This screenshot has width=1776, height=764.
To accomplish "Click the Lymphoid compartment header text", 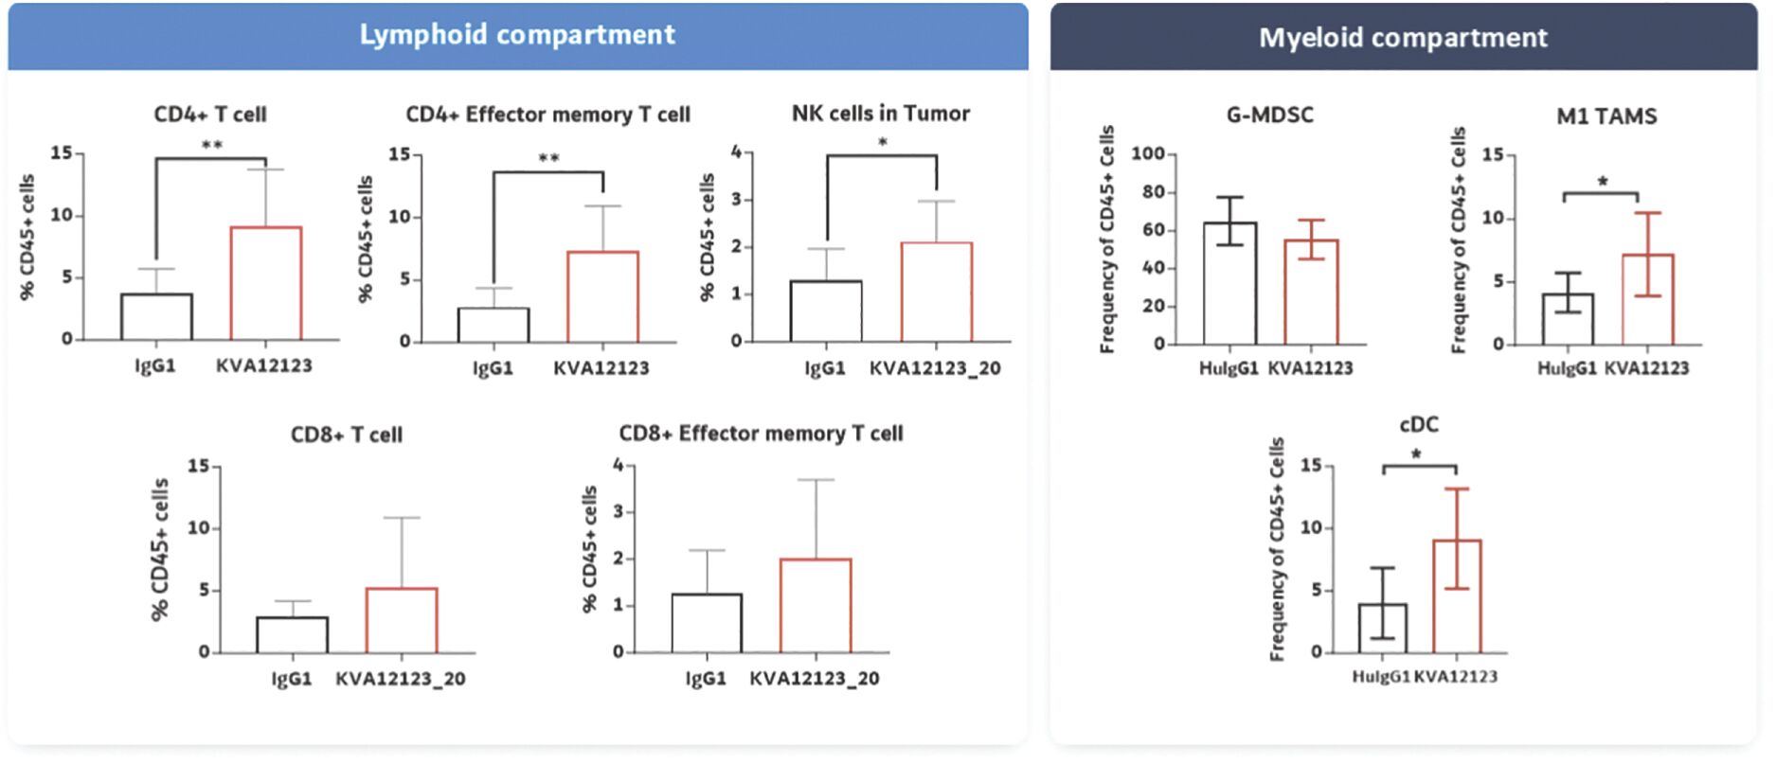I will point(517,35).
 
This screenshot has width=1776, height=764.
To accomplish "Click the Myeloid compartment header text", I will point(1403,38).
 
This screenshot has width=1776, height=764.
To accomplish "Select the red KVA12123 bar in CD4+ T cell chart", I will point(266,283).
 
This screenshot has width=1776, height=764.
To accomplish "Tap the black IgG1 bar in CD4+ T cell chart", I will point(156,316).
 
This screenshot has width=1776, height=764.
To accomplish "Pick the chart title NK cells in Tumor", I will point(881,114).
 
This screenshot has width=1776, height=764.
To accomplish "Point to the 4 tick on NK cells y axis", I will point(736,151).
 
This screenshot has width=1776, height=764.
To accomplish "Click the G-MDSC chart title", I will point(1269,115).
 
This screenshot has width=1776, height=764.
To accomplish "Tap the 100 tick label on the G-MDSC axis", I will point(1147,154).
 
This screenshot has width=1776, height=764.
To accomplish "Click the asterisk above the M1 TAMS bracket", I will point(1602,182).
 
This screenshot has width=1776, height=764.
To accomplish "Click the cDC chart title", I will point(1418,425).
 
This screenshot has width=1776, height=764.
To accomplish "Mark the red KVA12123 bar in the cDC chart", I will point(1457,596).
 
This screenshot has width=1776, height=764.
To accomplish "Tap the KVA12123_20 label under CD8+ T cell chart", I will point(401,679).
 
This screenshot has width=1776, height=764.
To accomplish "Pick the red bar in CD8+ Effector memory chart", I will point(816,606).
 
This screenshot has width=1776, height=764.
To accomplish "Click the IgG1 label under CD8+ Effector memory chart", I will point(706,679).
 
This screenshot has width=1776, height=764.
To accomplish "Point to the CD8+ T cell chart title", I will point(347,435).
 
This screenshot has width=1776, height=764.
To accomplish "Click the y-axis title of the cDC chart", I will point(1278,549).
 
